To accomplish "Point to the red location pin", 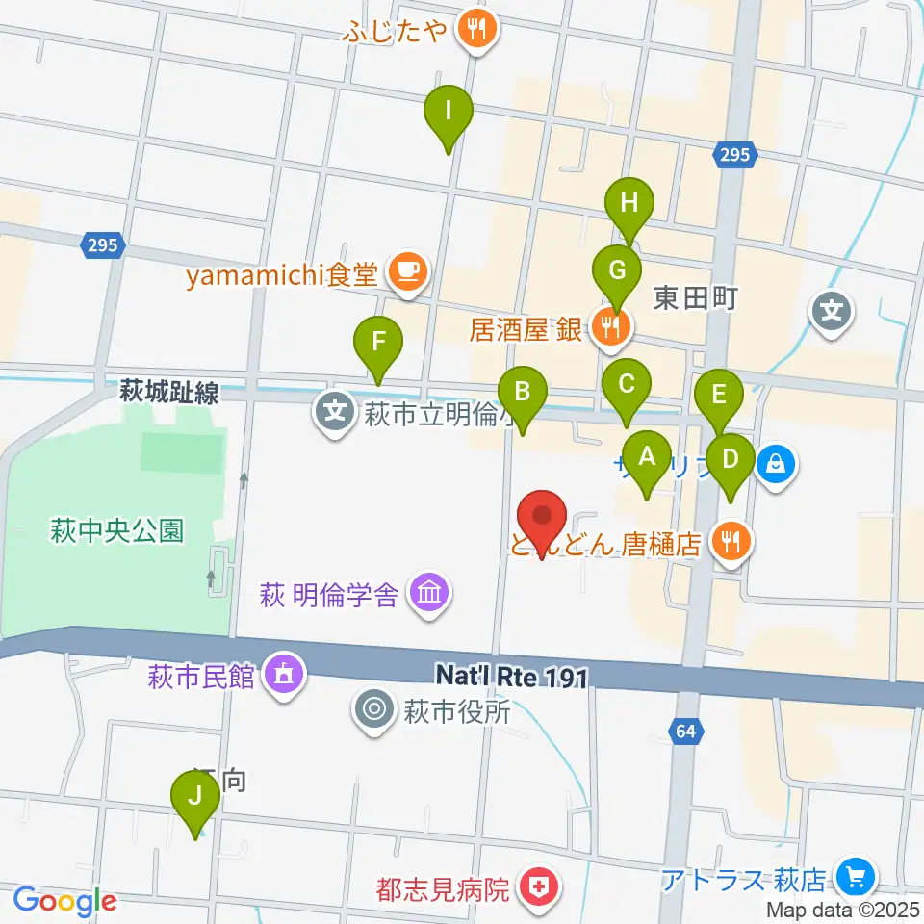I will click(x=542, y=523).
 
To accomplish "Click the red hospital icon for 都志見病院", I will click(x=536, y=887).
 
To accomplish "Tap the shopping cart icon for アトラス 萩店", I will click(x=855, y=878).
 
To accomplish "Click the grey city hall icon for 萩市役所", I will click(x=373, y=712).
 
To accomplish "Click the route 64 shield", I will click(x=685, y=732).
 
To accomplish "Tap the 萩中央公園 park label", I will click(x=117, y=530).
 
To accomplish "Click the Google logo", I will click(x=64, y=901).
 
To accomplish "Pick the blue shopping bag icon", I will click(x=776, y=466).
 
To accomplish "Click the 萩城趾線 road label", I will click(x=169, y=392).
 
